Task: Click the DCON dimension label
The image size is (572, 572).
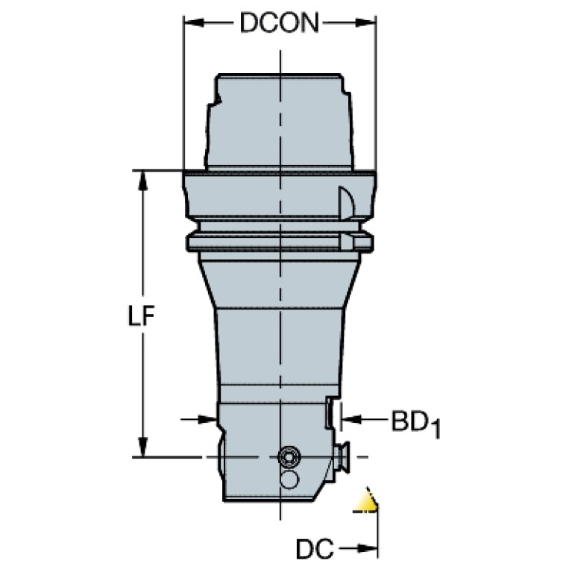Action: (x=279, y=25)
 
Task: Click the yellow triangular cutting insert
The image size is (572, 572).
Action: (x=365, y=502)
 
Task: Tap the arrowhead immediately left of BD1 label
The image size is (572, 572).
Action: (x=349, y=421)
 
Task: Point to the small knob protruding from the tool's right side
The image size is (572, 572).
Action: (x=344, y=456)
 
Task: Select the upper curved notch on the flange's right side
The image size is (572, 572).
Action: (x=346, y=201)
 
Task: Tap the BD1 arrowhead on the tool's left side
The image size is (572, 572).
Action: (x=209, y=421)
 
